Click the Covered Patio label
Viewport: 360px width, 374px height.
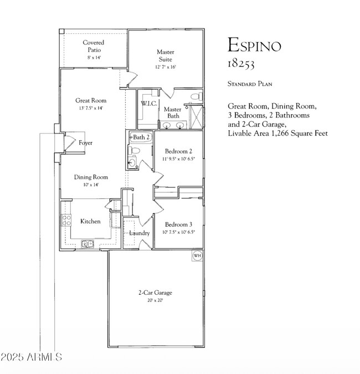click(x=94, y=46)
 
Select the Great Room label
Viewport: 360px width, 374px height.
click(x=91, y=100)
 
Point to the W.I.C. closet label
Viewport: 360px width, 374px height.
click(x=148, y=104)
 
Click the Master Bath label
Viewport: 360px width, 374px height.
click(x=173, y=112)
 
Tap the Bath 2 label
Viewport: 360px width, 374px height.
click(x=141, y=137)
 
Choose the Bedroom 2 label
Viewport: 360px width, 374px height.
click(x=178, y=151)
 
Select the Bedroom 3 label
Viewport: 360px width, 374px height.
click(x=178, y=224)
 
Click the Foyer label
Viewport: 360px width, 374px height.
click(x=85, y=143)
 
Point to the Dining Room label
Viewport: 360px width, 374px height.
click(x=91, y=177)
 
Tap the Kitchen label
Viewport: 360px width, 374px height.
click(x=90, y=221)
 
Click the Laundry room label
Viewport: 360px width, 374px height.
click(x=139, y=233)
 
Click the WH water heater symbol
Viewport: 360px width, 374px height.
click(x=197, y=255)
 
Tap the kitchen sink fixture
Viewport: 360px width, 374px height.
click(x=87, y=243)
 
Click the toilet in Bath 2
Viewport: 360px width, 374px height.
click(x=132, y=161)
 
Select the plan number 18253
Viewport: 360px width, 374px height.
click(x=241, y=64)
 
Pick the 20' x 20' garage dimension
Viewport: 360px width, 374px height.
click(x=155, y=300)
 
